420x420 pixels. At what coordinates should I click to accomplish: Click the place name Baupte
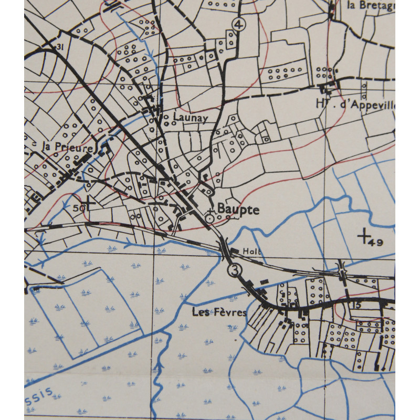[x=238, y=210]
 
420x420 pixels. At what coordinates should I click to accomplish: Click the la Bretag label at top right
[x=370, y=6]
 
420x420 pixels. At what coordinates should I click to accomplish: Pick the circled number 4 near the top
[x=240, y=25]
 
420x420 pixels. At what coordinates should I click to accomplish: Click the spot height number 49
[x=375, y=242]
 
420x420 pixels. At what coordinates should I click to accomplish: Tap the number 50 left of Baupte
[x=79, y=208]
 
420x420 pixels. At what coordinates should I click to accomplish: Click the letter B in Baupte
[x=220, y=210]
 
